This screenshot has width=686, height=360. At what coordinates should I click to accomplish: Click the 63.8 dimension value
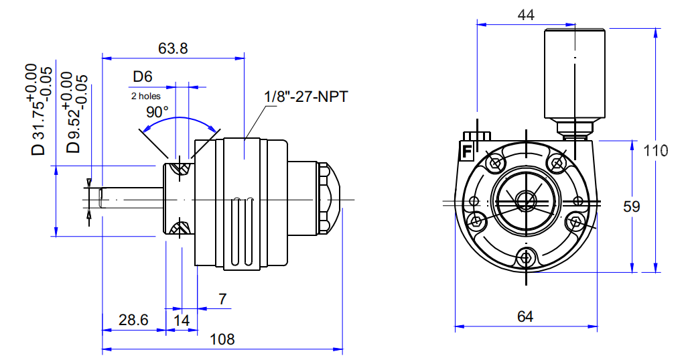click(x=173, y=48)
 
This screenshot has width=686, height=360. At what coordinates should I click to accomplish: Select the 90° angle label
click(x=157, y=111)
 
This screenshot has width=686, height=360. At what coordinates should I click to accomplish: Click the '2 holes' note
click(x=145, y=96)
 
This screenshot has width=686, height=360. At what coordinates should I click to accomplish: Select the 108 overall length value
click(x=222, y=340)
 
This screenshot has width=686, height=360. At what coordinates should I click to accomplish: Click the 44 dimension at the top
click(x=526, y=15)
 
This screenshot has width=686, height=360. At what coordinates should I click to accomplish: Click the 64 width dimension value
click(x=526, y=317)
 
